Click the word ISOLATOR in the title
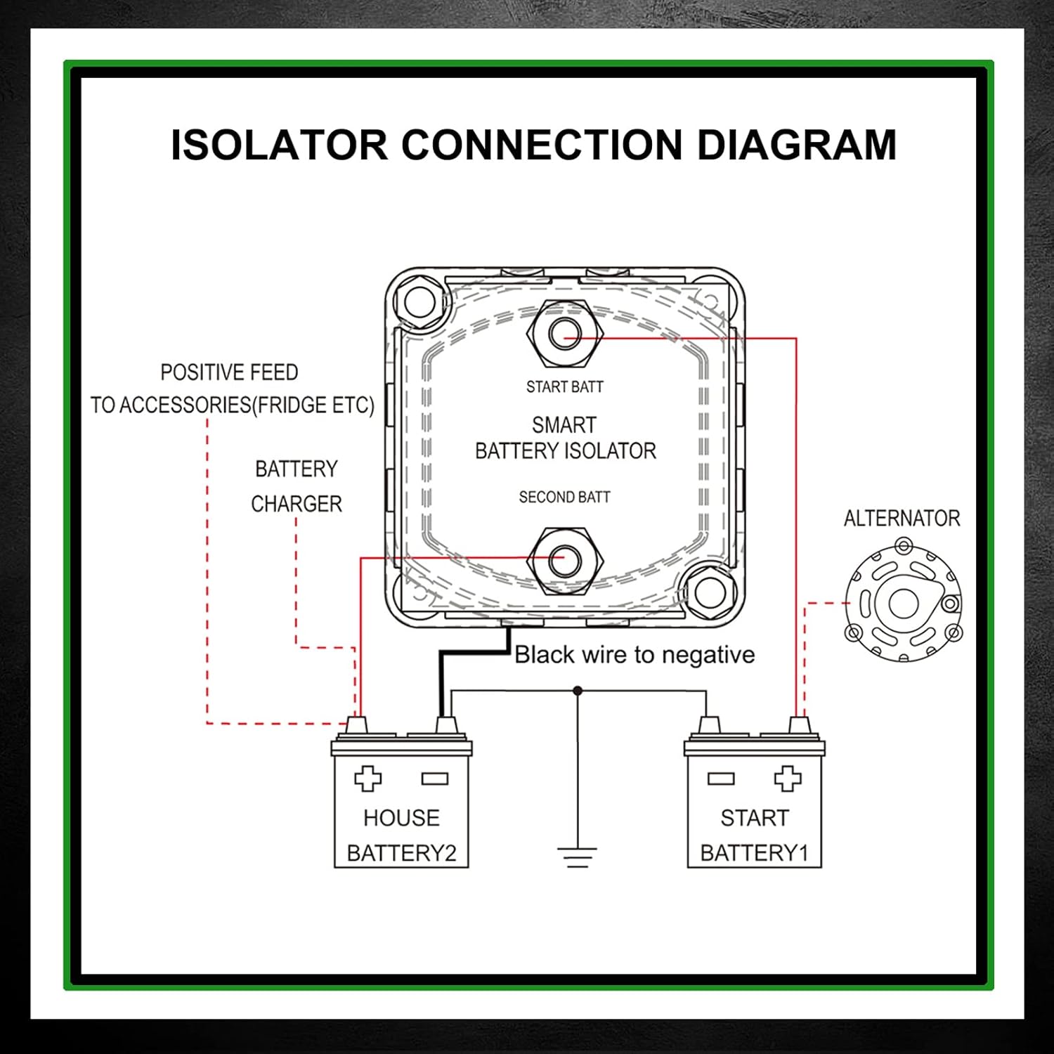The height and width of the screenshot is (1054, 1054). tap(279, 145)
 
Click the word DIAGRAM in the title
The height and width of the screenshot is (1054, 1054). tap(796, 145)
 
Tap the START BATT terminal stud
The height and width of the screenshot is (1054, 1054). tap(564, 334)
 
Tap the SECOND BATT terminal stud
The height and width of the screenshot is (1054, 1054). tap(564, 560)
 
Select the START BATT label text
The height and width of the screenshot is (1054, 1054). tap(564, 386)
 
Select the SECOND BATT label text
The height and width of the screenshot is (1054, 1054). tap(564, 497)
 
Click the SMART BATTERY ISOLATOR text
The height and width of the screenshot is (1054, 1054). tap(565, 438)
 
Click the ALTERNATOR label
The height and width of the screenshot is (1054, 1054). tap(902, 519)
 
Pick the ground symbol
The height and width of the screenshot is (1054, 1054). tap(577, 857)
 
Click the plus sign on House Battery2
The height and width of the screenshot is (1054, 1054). tap(367, 778)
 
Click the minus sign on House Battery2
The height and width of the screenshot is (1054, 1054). tap(434, 778)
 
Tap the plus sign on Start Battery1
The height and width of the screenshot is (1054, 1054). tap(787, 778)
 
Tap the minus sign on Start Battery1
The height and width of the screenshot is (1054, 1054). tap(721, 778)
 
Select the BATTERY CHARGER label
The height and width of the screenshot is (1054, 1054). tap(297, 486)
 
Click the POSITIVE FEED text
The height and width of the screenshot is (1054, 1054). tap(229, 372)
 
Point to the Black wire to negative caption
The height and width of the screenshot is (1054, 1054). tap(635, 655)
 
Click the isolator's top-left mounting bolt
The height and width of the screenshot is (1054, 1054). tap(419, 303)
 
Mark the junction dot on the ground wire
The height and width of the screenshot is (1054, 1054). tap(578, 691)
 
